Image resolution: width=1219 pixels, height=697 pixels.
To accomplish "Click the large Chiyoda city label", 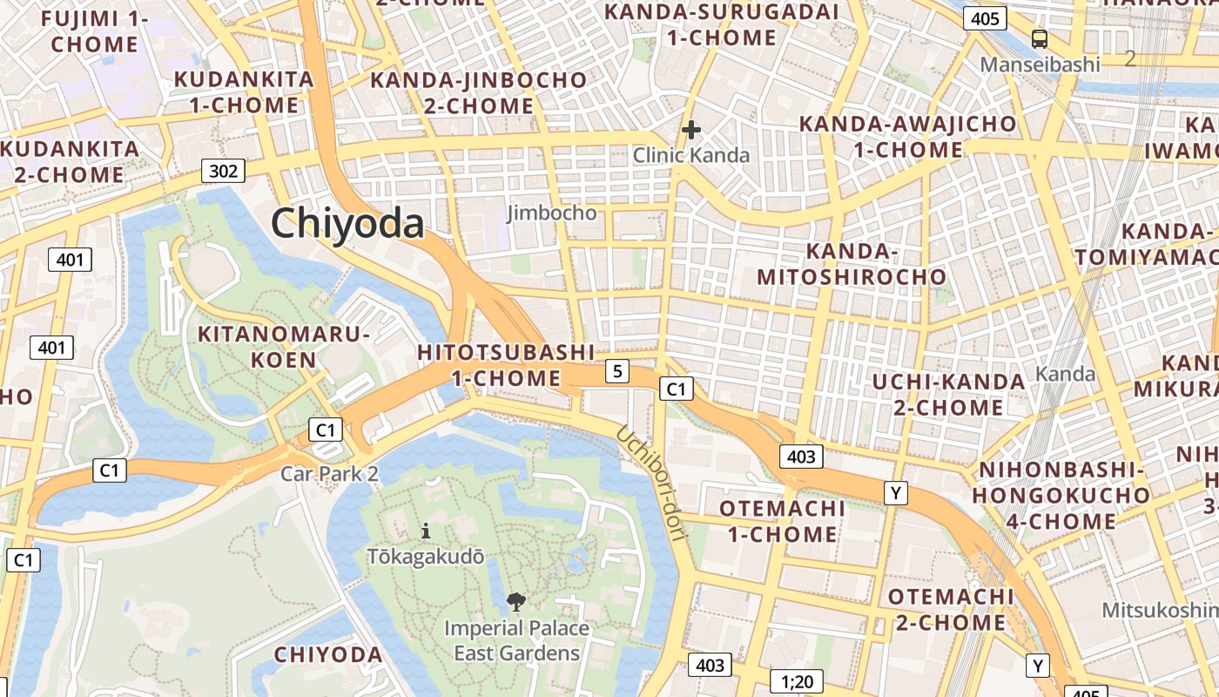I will [347, 224].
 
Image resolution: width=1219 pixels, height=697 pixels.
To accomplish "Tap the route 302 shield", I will [223, 171].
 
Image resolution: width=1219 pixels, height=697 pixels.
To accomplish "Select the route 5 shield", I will [617, 371].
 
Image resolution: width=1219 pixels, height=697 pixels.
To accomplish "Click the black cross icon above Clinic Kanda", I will [691, 131].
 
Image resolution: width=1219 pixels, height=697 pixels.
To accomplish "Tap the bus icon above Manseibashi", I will [1040, 38].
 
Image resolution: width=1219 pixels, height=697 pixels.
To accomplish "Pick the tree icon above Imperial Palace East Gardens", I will [516, 600].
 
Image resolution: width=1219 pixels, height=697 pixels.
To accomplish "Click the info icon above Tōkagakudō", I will [425, 530].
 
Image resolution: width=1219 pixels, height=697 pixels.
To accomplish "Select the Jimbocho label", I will [551, 213].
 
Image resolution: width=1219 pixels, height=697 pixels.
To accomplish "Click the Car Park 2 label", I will [329, 474].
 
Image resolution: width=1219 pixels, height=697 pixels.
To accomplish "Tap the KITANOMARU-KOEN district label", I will [285, 347].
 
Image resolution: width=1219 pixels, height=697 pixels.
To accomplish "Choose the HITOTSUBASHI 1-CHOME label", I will [506, 365].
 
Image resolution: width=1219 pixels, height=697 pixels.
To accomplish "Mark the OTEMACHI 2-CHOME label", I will [951, 610].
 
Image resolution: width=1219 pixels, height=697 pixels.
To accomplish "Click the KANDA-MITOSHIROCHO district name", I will [852, 265].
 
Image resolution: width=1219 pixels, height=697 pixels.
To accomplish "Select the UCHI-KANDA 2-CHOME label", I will [949, 395].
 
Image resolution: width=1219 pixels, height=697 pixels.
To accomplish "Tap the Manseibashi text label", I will [1040, 64].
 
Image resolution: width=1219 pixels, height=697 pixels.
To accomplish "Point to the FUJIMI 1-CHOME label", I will [95, 31].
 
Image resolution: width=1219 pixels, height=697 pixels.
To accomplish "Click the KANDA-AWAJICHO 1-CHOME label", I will [907, 137].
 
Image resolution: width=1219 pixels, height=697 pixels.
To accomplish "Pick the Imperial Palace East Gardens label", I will [516, 640].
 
